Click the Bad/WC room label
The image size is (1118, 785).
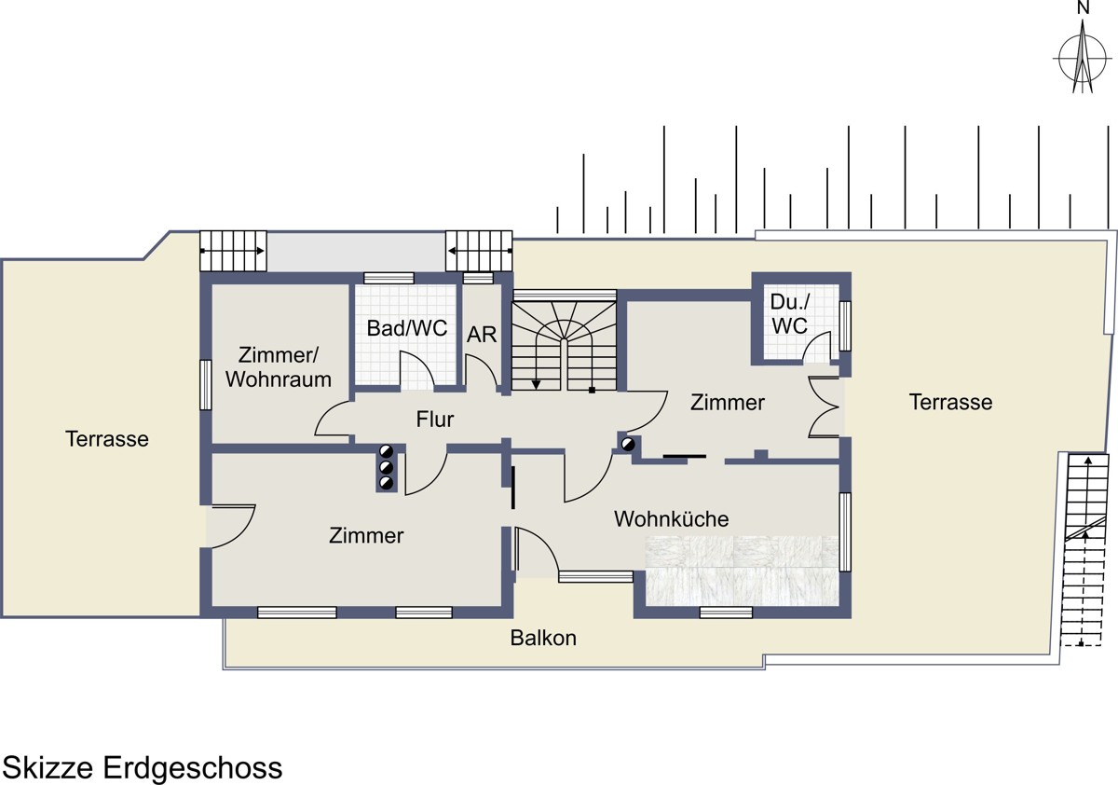(x=407, y=328)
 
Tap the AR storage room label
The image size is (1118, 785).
(x=482, y=335)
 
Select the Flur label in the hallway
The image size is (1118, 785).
(x=435, y=420)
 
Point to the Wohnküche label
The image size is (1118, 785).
(x=671, y=519)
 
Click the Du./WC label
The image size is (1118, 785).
(x=790, y=314)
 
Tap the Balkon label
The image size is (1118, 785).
(x=543, y=638)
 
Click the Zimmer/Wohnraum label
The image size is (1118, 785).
(x=279, y=367)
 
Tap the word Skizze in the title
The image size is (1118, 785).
(x=48, y=767)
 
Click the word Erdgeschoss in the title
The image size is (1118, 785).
(x=193, y=767)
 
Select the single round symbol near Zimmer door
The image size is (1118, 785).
(x=627, y=444)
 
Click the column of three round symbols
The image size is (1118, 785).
(x=387, y=467)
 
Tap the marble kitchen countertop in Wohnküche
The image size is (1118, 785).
(x=742, y=571)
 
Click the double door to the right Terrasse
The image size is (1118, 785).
(x=824, y=408)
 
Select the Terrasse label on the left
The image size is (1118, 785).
(x=107, y=439)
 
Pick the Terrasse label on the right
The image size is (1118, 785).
(x=950, y=402)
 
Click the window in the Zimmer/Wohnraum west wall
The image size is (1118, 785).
(x=205, y=385)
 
